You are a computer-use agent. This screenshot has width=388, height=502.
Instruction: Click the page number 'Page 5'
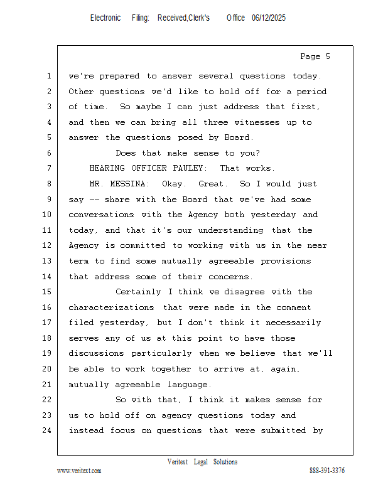(315, 56)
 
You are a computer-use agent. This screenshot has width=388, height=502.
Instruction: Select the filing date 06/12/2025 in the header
(269, 18)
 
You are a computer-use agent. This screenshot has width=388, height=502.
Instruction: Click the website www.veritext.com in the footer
(79, 471)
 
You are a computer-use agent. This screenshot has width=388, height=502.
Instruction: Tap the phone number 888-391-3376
(327, 471)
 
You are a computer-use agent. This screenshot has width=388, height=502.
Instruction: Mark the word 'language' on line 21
(190, 385)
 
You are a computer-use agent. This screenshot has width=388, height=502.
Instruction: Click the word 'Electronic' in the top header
(105, 18)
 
